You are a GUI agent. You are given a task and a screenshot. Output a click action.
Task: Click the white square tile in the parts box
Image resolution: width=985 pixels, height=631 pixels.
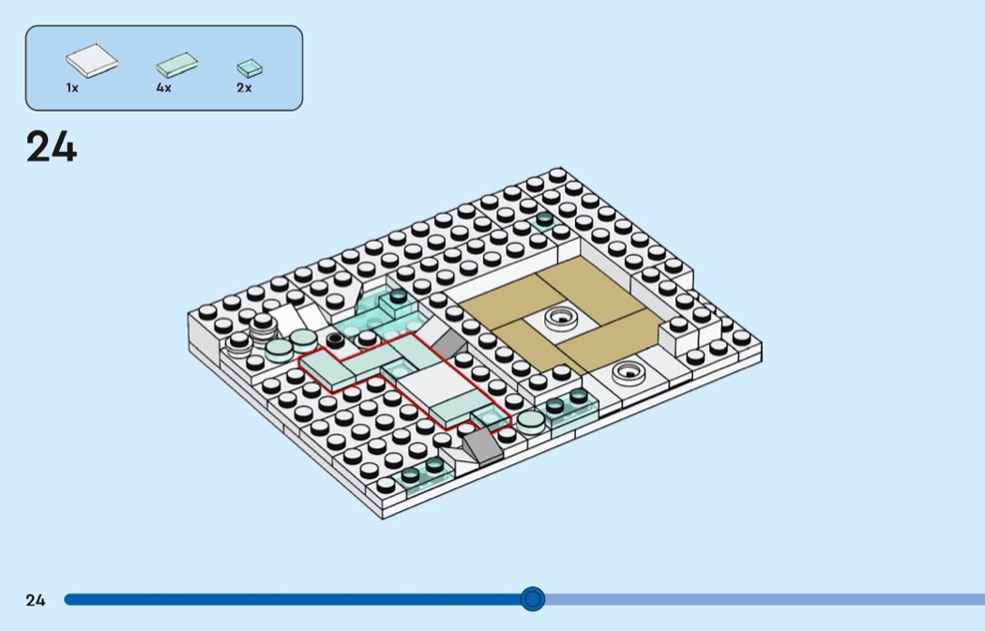(92, 61)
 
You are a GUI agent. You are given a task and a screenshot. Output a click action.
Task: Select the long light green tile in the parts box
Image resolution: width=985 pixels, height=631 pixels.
(177, 65)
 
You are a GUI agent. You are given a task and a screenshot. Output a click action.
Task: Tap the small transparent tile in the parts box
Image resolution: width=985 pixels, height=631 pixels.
(250, 68)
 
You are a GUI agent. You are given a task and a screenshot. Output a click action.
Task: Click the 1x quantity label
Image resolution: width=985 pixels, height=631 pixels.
(72, 88)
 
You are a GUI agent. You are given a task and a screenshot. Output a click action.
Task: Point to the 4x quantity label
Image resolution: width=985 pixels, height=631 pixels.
(163, 88)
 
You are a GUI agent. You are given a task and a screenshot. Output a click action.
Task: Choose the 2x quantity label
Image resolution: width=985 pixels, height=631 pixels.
(244, 88)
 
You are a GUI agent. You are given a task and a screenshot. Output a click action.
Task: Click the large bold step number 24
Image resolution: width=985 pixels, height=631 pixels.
(52, 147)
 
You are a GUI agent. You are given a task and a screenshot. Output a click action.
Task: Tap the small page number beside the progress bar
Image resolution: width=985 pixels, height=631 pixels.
(36, 600)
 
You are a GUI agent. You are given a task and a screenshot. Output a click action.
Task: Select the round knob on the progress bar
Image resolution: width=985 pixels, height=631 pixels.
(533, 599)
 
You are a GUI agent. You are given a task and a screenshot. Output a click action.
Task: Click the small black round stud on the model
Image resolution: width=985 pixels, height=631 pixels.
(335, 339)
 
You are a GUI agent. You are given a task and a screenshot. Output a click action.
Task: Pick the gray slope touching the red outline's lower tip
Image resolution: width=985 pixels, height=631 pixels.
(482, 446)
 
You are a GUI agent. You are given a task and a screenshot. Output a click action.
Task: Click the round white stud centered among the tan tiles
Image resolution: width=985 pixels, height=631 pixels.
(561, 318)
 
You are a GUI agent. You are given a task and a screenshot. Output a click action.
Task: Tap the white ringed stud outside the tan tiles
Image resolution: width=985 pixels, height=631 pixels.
(629, 371)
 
